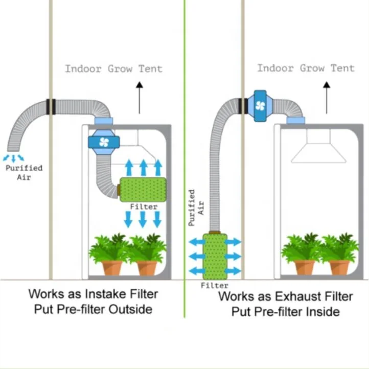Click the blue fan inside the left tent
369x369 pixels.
[104, 142]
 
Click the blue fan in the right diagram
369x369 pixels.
[260, 106]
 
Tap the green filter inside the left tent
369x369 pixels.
[143, 189]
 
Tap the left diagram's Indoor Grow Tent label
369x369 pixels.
[113, 69]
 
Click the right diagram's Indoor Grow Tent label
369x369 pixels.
[305, 68]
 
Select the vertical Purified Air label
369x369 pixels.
[196, 207]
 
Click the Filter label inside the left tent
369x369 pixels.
[143, 207]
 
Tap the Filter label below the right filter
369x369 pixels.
[214, 285]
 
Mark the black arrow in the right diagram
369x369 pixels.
[326, 97]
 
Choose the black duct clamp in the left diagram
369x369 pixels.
[51, 106]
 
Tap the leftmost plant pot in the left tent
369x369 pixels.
[112, 267]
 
